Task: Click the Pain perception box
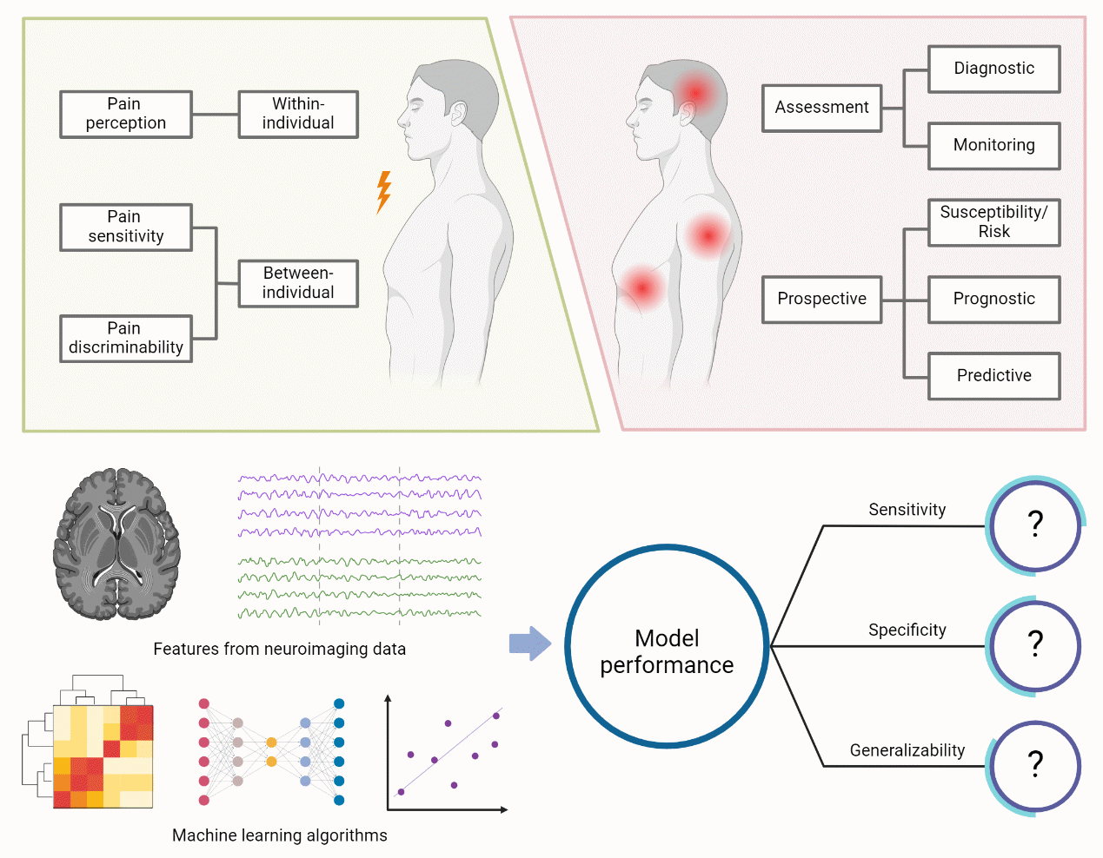[126, 114]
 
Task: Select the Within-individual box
[298, 114]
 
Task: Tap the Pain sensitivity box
[126, 227]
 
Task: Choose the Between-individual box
[298, 283]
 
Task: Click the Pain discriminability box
[126, 338]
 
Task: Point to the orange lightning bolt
[383, 192]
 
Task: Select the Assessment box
[821, 108]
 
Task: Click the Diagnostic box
[993, 69]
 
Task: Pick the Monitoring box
[993, 145]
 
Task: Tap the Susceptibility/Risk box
[993, 222]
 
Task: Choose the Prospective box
[821, 300]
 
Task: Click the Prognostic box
[993, 300]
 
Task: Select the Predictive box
[993, 376]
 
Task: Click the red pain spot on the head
[695, 92]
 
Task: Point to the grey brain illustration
[116, 544]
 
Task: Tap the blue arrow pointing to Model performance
[529, 643]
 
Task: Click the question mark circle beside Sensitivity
[1034, 525]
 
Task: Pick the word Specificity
[907, 630]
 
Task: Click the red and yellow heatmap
[103, 756]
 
